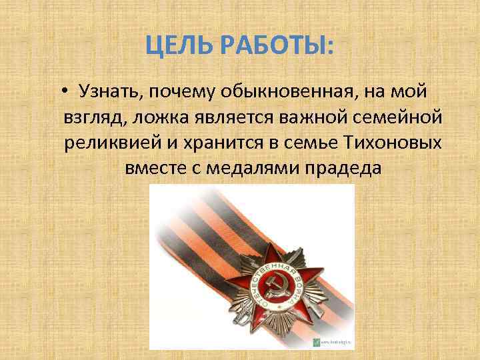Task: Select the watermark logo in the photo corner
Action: [x=317, y=342]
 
